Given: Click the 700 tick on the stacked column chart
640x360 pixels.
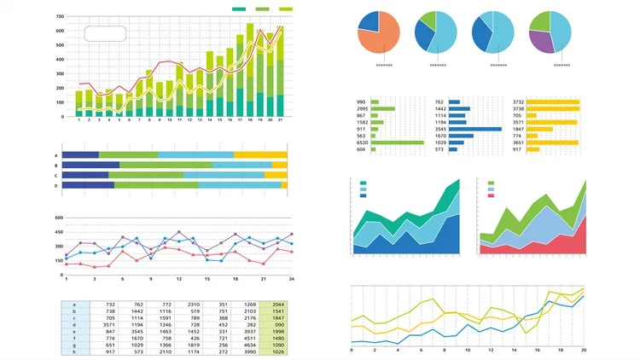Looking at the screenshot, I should pos(60,17).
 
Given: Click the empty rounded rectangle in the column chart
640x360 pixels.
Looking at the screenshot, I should pos(105,33).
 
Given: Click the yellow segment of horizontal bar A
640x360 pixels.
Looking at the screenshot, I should pos(260,155).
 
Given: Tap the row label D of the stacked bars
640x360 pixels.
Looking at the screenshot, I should pos(56,185).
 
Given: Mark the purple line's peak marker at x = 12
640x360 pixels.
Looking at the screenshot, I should pos(179,232).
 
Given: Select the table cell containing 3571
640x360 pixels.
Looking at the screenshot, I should pos(110,325).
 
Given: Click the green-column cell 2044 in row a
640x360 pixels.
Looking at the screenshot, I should pos(278,304).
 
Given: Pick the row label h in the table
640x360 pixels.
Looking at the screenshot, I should pos(74,351).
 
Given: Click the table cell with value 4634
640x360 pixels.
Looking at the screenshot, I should pos(250,345).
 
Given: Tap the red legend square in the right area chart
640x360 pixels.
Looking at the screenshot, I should pos(491,196).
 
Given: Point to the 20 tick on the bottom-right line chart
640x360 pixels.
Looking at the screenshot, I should pos(584,350).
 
